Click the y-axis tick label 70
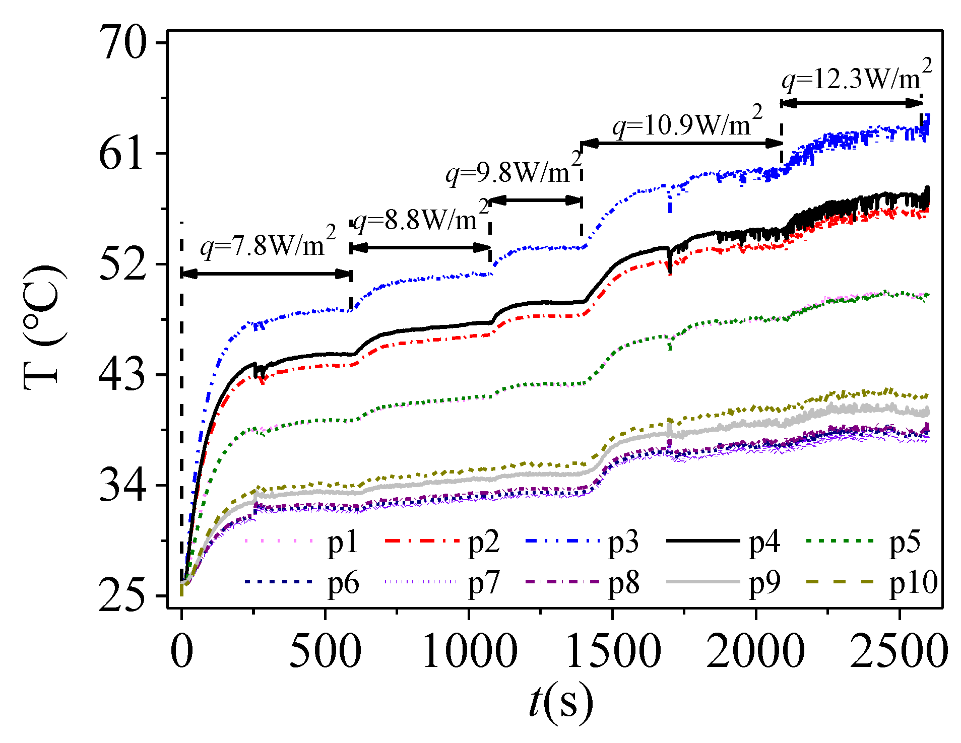(x=122, y=43)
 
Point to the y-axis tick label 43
(x=122, y=375)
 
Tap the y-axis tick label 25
(x=122, y=596)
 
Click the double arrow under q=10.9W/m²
(x=681, y=144)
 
